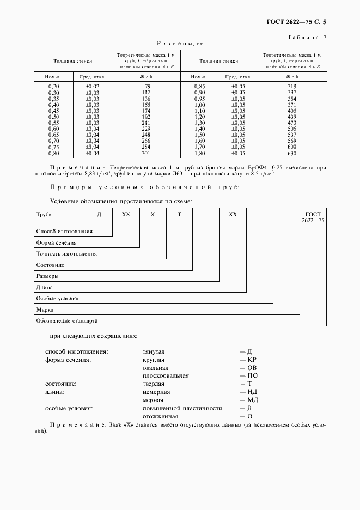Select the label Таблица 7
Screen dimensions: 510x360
click(306, 37)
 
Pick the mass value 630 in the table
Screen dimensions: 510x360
click(292, 153)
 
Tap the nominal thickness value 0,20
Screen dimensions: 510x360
click(53, 87)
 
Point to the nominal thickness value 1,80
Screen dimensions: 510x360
click(199, 153)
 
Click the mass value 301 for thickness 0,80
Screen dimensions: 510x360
click(146, 153)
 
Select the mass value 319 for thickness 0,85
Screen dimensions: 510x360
click(292, 87)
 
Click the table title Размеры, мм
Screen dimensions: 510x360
click(180, 43)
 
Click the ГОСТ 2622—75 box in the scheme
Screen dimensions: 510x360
click(314, 217)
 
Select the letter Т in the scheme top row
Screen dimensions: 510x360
click(179, 215)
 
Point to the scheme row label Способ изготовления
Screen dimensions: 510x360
click(64, 232)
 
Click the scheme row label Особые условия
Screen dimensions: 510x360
click(57, 299)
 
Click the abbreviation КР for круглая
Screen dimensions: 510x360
click(252, 360)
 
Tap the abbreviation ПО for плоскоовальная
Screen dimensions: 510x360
click(252, 376)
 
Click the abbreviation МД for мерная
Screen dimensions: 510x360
click(252, 400)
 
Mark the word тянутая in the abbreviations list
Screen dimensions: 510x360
click(154, 352)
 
